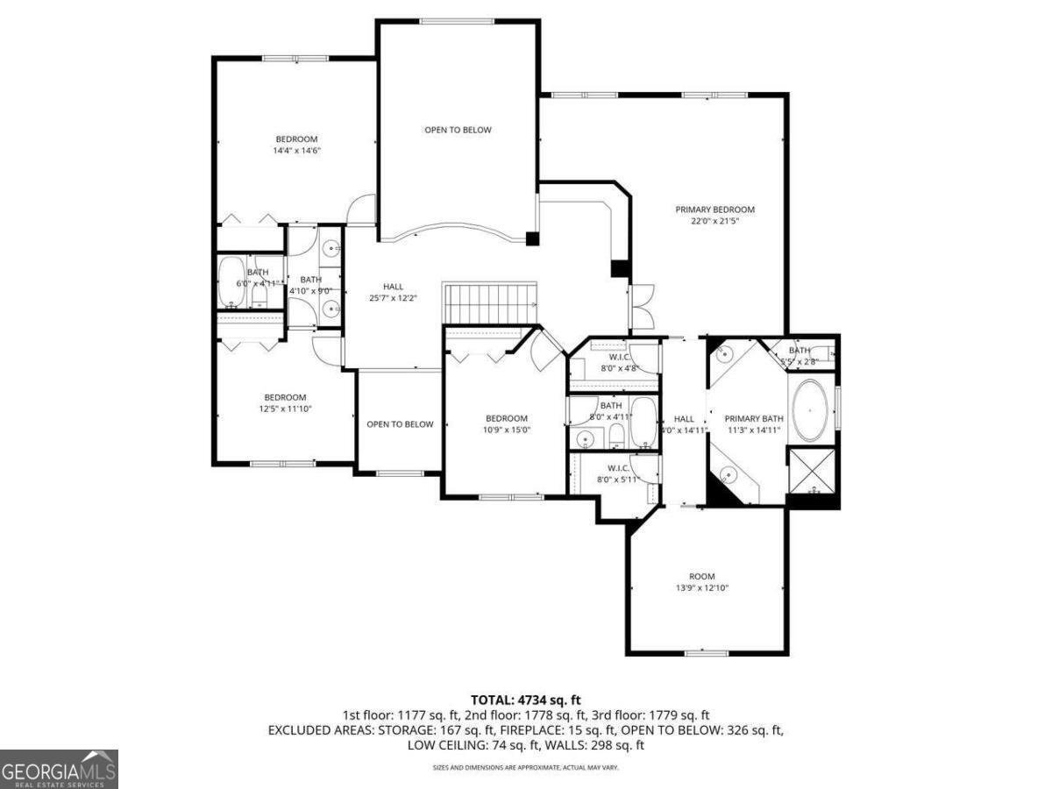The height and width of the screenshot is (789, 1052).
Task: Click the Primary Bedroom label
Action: [714, 210]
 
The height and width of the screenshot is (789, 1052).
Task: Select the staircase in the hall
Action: [489, 303]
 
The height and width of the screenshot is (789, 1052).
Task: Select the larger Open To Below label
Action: [458, 130]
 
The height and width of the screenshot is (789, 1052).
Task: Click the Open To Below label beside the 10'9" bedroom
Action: [400, 424]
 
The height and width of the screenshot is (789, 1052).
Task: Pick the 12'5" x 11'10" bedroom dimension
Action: [286, 409]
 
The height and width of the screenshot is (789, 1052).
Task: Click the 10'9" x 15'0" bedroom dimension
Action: [507, 430]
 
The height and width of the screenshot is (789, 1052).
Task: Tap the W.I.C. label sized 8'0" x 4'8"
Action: [620, 357]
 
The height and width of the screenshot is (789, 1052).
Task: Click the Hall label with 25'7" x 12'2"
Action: [393, 287]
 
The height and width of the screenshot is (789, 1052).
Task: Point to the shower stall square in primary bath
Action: [813, 473]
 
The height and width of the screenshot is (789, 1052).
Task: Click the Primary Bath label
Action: [753, 418]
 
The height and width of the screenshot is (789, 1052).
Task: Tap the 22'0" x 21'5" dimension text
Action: [714, 221]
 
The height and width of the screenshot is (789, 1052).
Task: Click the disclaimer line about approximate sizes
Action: [526, 768]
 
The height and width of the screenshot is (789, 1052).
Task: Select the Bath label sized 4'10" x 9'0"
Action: [310, 280]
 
